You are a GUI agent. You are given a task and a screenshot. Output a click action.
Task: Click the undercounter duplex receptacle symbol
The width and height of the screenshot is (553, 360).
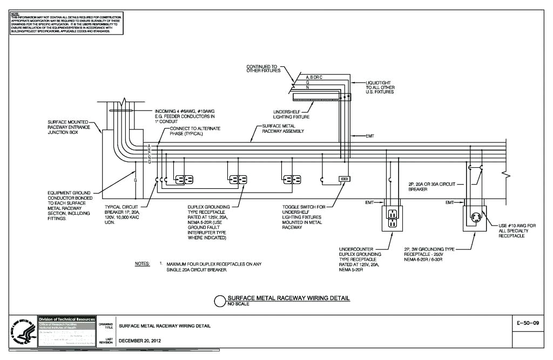(393, 217)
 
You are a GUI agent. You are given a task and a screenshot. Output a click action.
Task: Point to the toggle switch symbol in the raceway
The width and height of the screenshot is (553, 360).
(344, 179)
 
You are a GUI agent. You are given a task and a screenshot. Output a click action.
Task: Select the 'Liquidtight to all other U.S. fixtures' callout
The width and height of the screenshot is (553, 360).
(378, 87)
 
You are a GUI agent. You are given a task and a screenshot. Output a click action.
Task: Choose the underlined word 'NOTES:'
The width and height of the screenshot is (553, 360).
(142, 264)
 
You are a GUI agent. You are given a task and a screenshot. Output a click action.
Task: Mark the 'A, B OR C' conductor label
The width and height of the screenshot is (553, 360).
(314, 77)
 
